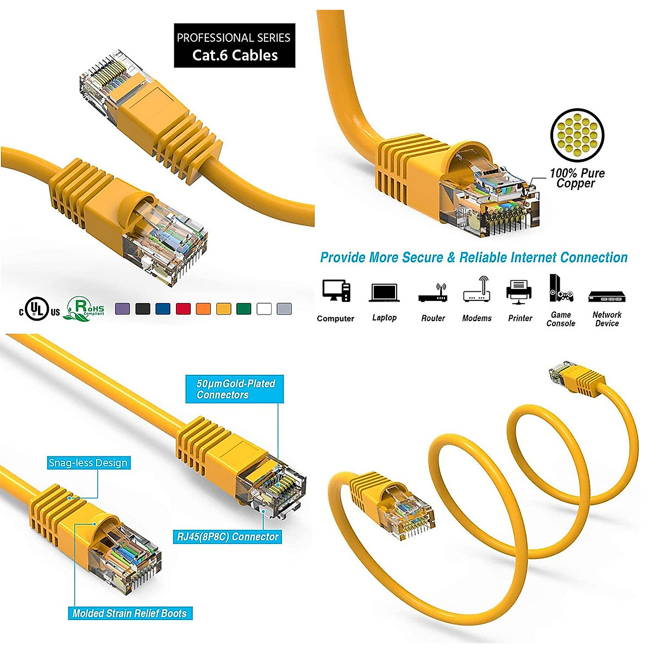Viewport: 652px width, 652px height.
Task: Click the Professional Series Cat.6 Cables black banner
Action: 234,46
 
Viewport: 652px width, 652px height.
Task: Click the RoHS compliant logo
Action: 85,309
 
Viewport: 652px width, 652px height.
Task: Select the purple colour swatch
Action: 122,309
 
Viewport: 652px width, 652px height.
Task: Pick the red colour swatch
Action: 183,309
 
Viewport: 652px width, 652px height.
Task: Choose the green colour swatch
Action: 243,309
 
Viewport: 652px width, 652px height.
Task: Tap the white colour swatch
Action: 264,309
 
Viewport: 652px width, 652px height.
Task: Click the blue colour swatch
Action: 162,309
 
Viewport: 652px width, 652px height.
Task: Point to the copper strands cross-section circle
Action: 577,135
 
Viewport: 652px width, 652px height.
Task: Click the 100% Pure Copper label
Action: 576,178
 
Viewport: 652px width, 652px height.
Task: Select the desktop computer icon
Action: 336,291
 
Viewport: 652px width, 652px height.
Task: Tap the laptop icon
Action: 384,293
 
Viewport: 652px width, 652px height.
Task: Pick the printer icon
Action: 519,291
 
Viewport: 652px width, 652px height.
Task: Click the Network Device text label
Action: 607,319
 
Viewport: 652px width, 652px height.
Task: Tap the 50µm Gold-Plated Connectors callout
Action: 235,389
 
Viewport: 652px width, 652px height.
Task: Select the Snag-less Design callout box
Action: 88,463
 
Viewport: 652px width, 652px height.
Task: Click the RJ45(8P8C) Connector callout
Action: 228,537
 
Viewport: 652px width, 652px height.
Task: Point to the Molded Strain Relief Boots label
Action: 129,613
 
